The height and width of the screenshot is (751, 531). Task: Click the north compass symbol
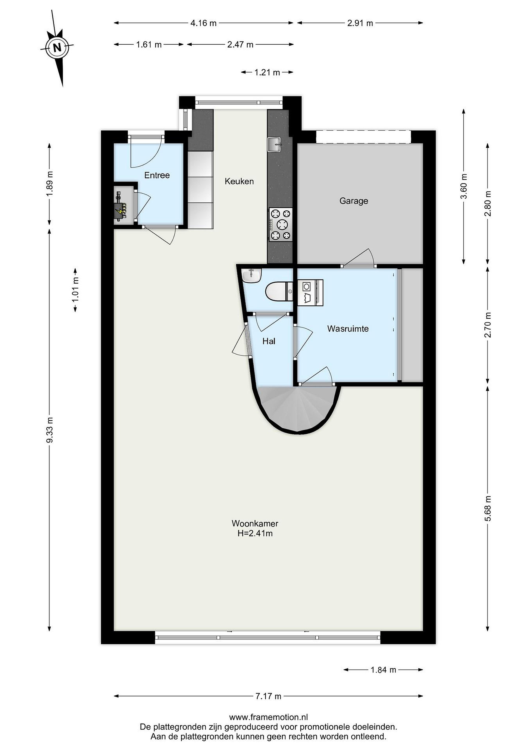(57, 48)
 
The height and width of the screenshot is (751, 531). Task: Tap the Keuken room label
(239, 181)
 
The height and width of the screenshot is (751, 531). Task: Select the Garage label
(353, 201)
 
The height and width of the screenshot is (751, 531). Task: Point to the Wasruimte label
(348, 329)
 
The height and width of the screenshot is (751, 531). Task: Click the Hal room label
(269, 342)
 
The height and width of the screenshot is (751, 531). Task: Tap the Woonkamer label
(255, 523)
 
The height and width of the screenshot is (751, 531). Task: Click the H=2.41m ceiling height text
(255, 534)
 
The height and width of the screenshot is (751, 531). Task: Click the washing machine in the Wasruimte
(310, 292)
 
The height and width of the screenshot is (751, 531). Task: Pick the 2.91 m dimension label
(360, 23)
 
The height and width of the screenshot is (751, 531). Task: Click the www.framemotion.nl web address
(268, 717)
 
